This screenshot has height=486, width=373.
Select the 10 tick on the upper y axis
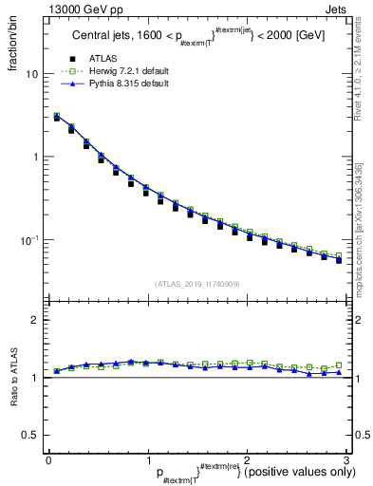32,74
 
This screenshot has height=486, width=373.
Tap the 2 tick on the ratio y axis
35,320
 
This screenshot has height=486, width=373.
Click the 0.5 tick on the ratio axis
30,435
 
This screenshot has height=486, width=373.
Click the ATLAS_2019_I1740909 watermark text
196,284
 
